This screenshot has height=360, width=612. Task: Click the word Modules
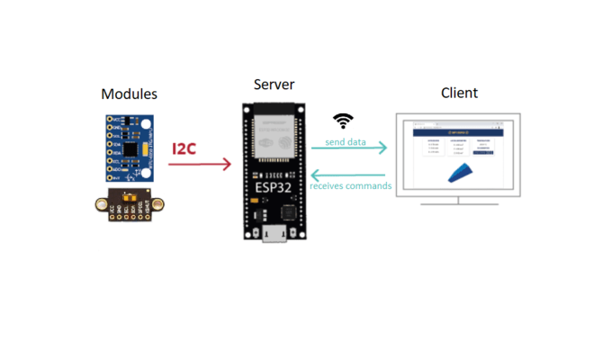click(129, 94)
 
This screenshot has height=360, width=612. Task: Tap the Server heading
click(274, 85)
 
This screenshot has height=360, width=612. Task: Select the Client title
click(459, 93)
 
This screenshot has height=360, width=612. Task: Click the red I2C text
click(184, 148)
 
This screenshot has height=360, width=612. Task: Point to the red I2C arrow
click(200, 165)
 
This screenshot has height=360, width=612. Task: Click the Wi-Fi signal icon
click(343, 121)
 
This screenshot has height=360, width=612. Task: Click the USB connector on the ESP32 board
click(274, 235)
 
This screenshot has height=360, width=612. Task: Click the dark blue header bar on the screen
click(459, 132)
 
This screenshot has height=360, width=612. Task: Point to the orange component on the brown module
click(135, 193)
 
